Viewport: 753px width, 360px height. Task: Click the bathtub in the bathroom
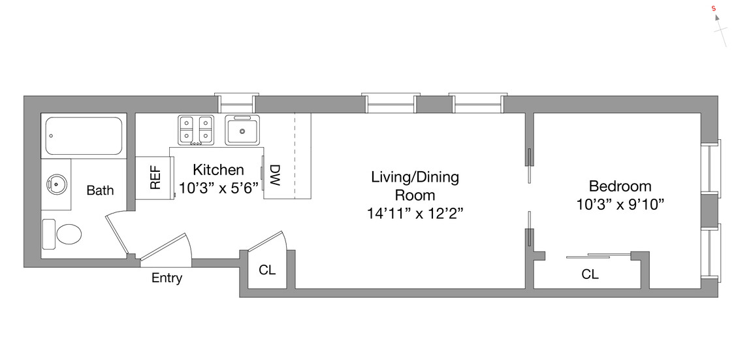pos(83,136)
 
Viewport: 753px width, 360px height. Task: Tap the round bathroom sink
pos(57,184)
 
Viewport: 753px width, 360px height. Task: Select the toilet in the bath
pos(64,233)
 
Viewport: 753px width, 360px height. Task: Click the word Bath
pos(100,191)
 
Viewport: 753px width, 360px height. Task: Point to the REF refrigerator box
pos(155,177)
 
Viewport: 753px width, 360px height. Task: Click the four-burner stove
pos(196,129)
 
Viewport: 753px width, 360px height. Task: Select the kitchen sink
pos(242,130)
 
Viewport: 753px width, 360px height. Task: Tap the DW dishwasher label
pos(274,176)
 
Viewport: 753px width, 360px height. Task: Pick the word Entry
pos(167,278)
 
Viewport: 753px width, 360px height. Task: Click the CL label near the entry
pos(266,270)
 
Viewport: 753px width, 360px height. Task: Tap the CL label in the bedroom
pos(590,275)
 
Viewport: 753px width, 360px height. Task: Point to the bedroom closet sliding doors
pos(598,255)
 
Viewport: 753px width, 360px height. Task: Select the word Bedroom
pos(619,186)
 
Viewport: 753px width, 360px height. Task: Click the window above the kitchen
pos(237,103)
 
